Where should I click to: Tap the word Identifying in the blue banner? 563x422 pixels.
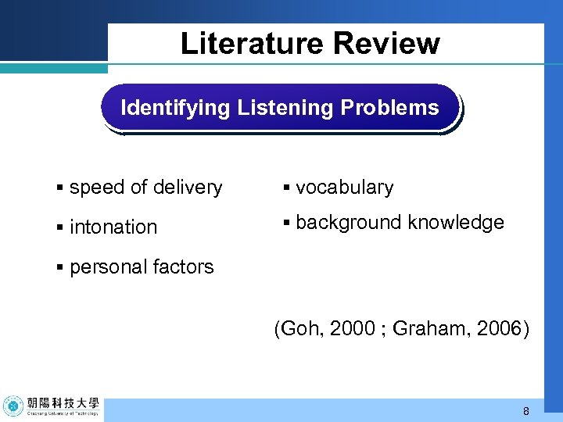(x=175, y=108)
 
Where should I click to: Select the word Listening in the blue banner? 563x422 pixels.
(x=285, y=108)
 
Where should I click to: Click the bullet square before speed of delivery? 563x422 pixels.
(x=60, y=188)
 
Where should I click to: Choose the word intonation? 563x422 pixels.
(x=113, y=227)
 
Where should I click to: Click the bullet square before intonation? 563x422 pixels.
(x=60, y=227)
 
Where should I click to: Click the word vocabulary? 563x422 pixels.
(x=345, y=188)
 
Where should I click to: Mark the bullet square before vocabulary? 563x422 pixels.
(x=287, y=188)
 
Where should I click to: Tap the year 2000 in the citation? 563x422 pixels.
(x=352, y=329)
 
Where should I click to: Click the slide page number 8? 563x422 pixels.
(x=526, y=411)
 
